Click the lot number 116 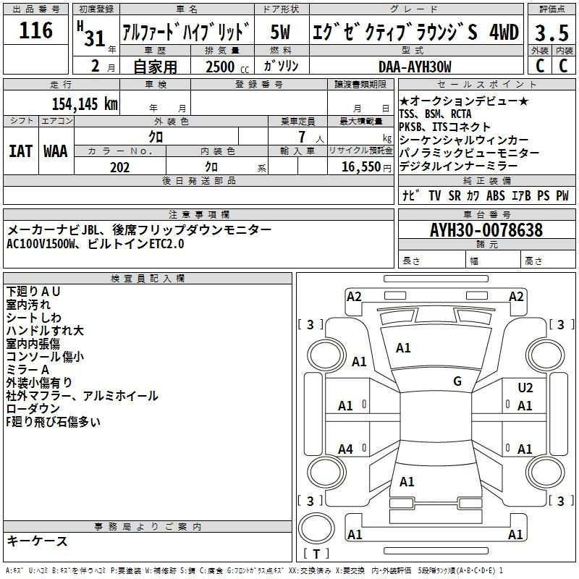[36, 30]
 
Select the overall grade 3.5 [550, 33]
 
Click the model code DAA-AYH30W [415, 67]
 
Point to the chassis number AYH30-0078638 [486, 230]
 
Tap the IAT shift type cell [20, 151]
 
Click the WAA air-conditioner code [55, 151]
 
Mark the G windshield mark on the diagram [457, 381]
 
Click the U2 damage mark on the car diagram [525, 388]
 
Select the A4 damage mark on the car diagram [346, 450]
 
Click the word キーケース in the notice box [38, 541]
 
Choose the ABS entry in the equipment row [496, 195]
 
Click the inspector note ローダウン [33, 409]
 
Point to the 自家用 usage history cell [155, 67]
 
